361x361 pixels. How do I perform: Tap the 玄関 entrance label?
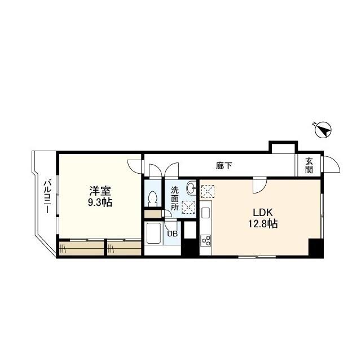pos(309,166)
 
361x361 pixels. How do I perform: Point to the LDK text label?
pos(262,213)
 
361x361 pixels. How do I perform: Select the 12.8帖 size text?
pos(263,224)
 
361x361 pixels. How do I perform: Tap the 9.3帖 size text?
pos(99,202)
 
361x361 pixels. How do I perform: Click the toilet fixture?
pos(152,198)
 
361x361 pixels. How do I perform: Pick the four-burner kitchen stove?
pos(206,241)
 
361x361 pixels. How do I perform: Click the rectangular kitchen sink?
pos(206,213)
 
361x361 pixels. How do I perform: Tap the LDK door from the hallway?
pos(259,185)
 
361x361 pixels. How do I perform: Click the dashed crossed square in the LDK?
pos(208,192)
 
